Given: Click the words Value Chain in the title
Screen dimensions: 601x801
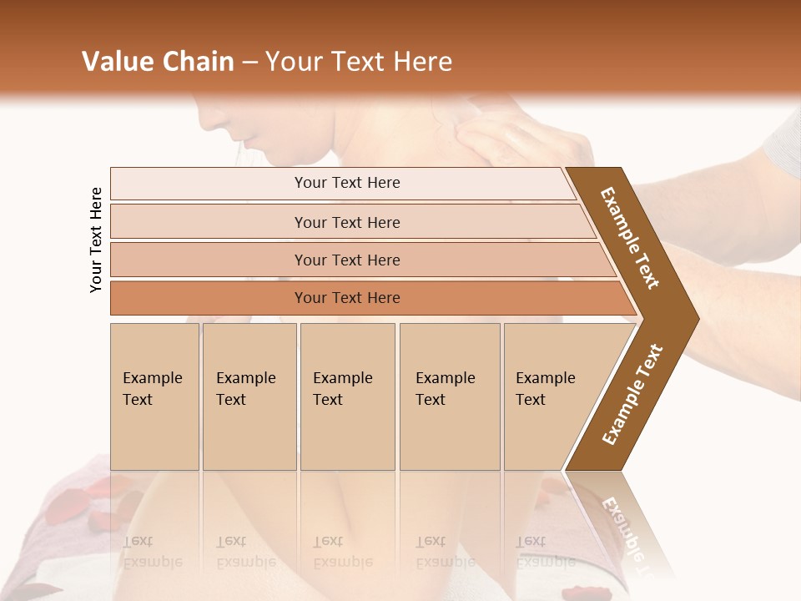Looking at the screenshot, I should point(158,62).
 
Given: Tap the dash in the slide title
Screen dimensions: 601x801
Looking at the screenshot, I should point(249,63).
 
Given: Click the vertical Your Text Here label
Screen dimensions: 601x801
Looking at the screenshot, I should point(96,240).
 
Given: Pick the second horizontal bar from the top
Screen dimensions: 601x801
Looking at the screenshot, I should point(346,222).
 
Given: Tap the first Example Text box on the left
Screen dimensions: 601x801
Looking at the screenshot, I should point(154,396).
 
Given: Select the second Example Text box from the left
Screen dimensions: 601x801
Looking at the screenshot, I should point(249,396).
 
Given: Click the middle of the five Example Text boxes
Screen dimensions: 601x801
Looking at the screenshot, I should point(347,396).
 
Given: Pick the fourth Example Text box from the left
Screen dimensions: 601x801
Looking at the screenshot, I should point(450,396).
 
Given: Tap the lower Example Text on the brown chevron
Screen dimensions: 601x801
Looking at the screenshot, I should point(632,395).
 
